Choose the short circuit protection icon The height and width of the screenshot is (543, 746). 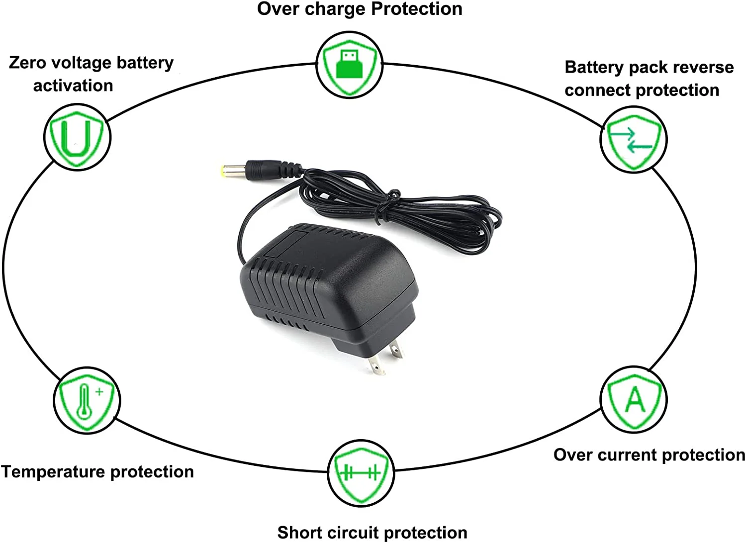tap(361, 473)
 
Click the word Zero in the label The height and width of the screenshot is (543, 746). tap(27, 63)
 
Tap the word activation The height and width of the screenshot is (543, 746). tap(73, 86)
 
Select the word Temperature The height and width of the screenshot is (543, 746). tap(53, 472)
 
